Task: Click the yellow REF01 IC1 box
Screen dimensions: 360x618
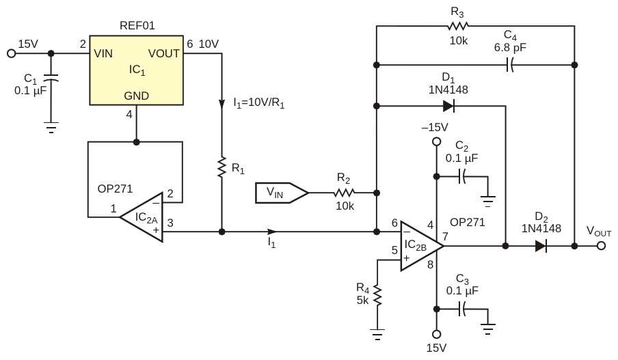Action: pos(137,71)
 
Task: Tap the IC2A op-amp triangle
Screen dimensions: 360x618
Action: pos(144,218)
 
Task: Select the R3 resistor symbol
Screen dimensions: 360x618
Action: pos(456,26)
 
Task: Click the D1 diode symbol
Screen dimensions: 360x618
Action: pos(448,106)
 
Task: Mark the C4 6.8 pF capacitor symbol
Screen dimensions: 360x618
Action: pos(509,66)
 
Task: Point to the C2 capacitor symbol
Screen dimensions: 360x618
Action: pos(463,176)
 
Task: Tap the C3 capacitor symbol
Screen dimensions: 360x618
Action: pos(463,309)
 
